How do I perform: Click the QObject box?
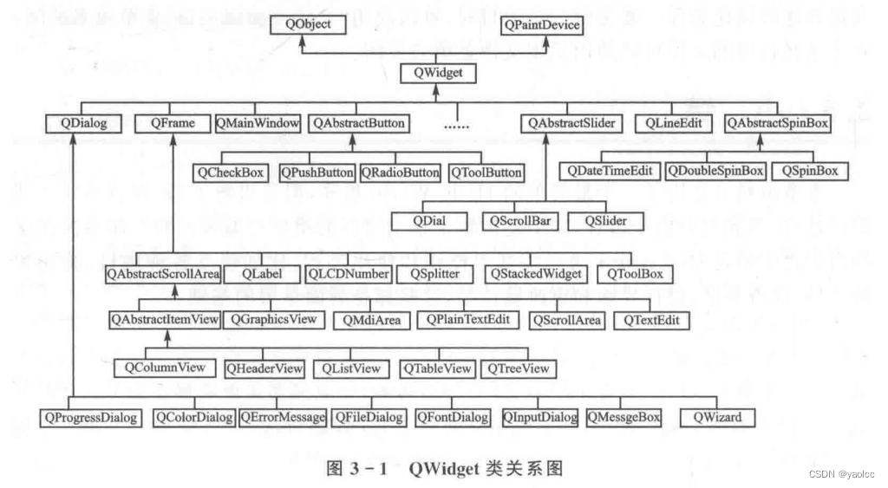point(308,25)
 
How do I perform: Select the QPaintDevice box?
point(543,25)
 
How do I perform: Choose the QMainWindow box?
point(258,123)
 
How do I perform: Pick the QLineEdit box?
point(673,123)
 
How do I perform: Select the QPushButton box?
point(317,172)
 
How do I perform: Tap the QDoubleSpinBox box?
point(716,171)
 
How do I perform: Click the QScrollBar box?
point(520,221)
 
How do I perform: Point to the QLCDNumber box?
point(347,274)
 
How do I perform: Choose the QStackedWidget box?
point(535,274)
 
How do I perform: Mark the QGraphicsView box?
point(274,319)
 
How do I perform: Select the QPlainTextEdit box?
point(468,319)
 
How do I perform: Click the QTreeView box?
point(519,368)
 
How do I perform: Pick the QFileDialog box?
point(369,418)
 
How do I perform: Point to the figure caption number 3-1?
point(369,469)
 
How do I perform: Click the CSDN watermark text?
point(846,474)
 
